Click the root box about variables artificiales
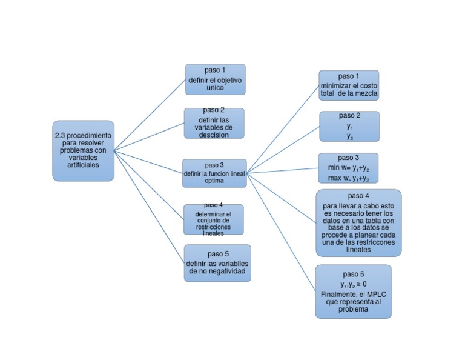tap(83, 150)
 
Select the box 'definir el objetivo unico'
tap(215, 79)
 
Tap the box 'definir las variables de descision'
tap(214, 123)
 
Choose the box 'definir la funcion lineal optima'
tap(214, 173)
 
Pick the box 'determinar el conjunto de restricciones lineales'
tap(213, 219)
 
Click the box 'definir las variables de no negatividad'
tap(217, 263)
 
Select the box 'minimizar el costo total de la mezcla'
tap(349, 85)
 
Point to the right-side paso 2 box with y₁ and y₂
tap(349, 126)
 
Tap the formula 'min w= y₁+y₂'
tap(349, 167)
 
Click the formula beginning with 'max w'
tap(349, 178)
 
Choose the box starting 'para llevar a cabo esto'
tap(358, 222)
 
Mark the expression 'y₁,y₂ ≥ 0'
tap(353, 284)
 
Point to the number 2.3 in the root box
tap(60, 135)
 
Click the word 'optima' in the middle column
tap(214, 181)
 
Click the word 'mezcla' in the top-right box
tap(366, 94)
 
